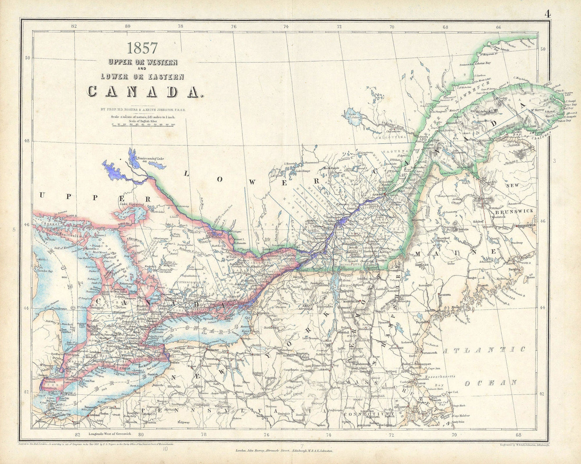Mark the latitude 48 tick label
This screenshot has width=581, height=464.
(x=27, y=141)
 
